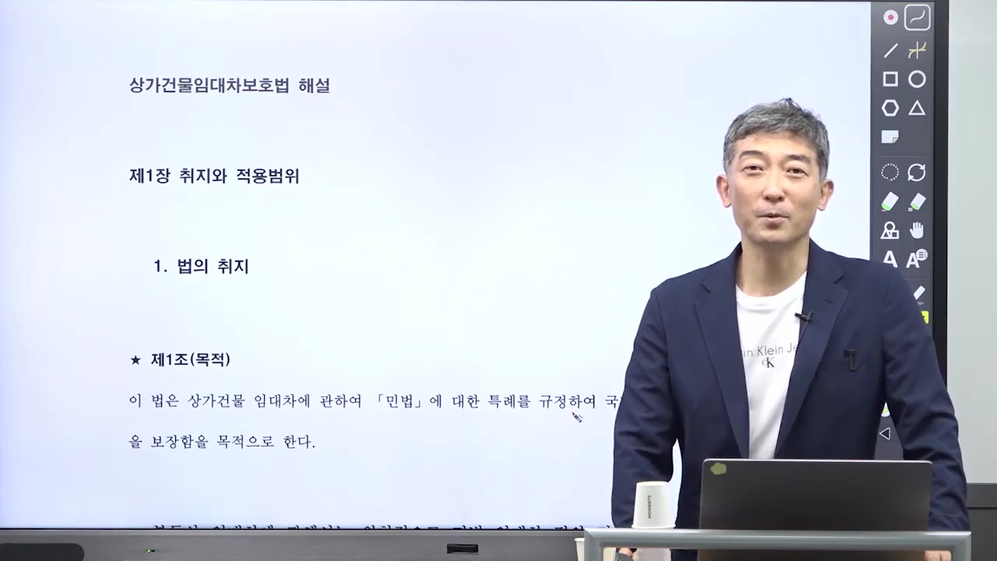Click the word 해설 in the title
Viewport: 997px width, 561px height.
314,86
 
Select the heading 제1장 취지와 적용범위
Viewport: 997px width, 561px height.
214,176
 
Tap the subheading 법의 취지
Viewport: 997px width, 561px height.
213,266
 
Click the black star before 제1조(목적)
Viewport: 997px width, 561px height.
136,360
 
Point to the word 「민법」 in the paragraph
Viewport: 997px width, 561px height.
403,402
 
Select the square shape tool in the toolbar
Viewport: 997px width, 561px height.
890,79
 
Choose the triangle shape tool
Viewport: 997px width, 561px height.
918,108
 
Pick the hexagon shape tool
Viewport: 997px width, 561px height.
890,108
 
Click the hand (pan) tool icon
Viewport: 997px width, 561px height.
918,230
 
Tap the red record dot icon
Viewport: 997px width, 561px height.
890,17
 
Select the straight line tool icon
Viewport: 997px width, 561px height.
890,51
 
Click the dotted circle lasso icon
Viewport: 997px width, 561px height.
890,172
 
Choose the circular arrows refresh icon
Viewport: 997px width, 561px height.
918,172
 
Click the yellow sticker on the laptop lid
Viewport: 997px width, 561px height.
717,469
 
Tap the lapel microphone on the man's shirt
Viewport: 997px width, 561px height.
803,316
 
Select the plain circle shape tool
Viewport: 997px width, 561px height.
918,79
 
